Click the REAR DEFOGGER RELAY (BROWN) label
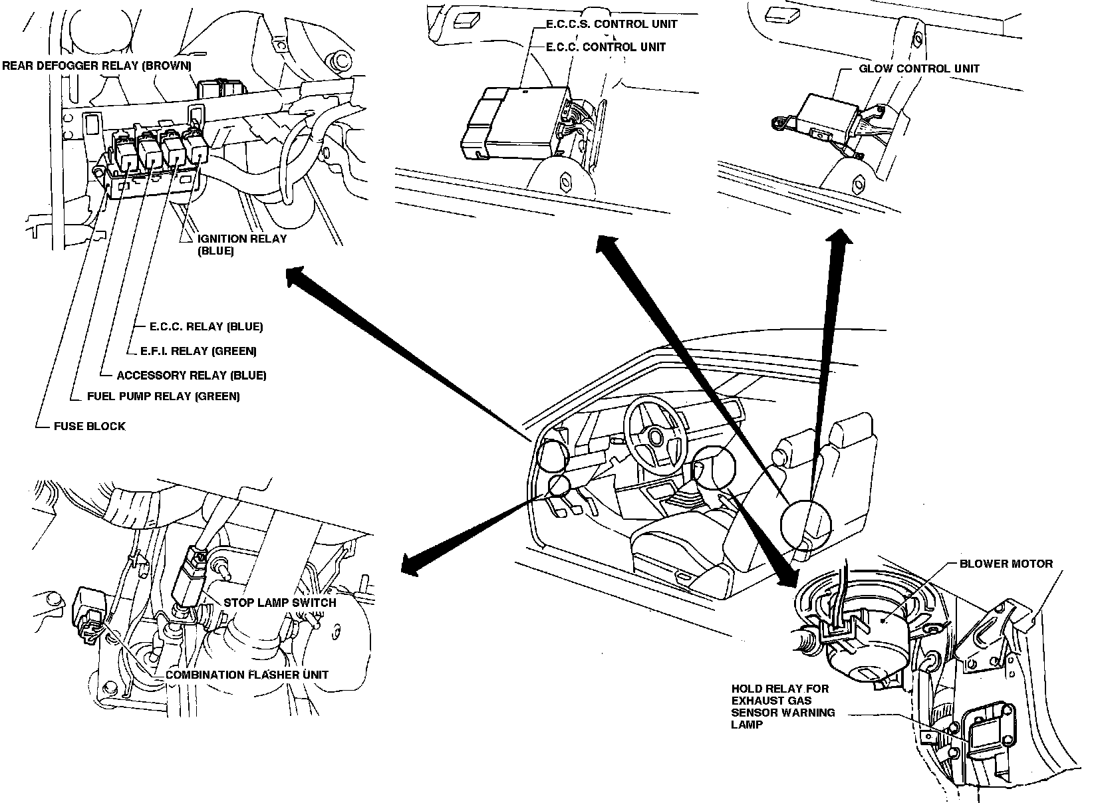click(96, 66)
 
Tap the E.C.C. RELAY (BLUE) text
click(205, 326)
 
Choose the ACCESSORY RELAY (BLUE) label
click(191, 375)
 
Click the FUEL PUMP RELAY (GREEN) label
click(163, 396)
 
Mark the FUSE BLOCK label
click(89, 426)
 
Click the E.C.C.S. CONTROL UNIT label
click(611, 24)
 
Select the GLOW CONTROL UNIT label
click(918, 68)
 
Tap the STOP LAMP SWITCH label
click(279, 602)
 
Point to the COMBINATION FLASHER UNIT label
click(247, 674)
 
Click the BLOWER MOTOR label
click(1006, 564)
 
